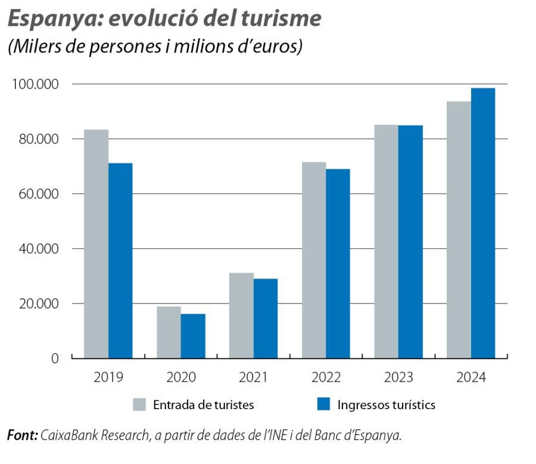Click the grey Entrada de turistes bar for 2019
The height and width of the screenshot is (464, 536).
coord(96,244)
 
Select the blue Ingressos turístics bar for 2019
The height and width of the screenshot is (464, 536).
coord(120,261)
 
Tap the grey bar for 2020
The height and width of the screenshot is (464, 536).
coord(169,332)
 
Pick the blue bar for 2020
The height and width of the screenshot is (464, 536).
coord(193,336)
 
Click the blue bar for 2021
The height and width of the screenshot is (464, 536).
coord(266,318)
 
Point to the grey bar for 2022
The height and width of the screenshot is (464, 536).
coord(314,260)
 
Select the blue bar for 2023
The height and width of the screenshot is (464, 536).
coord(410,242)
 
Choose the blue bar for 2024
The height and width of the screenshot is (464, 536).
coord(483,223)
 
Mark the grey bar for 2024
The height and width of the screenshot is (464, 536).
coord(459,230)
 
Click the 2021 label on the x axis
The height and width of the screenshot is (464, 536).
coord(253,378)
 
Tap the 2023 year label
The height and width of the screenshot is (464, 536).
coord(398,378)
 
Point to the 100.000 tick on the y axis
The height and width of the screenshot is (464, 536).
coord(35,84)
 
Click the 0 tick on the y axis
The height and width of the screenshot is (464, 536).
coord(55,358)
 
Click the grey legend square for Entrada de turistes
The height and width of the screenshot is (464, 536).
coord(139,405)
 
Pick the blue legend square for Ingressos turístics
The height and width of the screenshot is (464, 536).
coord(323,405)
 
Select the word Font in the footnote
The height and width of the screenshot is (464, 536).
coord(21,436)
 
